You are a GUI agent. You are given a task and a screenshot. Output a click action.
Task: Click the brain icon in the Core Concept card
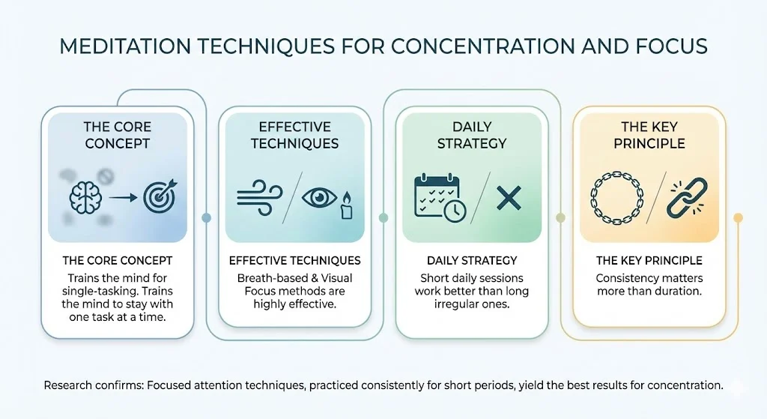pyautogui.click(x=85, y=197)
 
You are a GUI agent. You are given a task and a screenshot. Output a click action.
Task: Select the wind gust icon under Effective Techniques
pyautogui.click(x=259, y=198)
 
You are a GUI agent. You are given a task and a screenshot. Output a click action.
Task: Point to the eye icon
pyautogui.click(x=319, y=198)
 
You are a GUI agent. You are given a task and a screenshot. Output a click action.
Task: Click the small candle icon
pyautogui.click(x=346, y=206)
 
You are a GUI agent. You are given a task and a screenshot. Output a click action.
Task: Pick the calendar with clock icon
pyautogui.click(x=440, y=198)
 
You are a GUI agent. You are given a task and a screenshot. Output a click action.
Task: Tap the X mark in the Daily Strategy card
pyautogui.click(x=509, y=198)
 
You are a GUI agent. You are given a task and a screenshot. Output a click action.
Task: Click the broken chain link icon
pyautogui.click(x=688, y=198)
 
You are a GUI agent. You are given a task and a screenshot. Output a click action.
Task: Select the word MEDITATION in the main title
pyautogui.click(x=125, y=46)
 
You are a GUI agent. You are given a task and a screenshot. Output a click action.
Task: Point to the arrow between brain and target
pyautogui.click(x=123, y=198)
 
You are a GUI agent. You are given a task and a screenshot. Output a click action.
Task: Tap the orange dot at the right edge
pyautogui.click(x=738, y=218)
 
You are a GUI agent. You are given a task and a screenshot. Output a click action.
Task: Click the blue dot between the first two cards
pyautogui.click(x=207, y=218)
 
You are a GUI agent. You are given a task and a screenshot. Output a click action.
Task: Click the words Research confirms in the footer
pyautogui.click(x=94, y=385)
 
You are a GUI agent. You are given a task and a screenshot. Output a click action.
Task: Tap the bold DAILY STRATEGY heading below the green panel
pyautogui.click(x=472, y=260)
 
